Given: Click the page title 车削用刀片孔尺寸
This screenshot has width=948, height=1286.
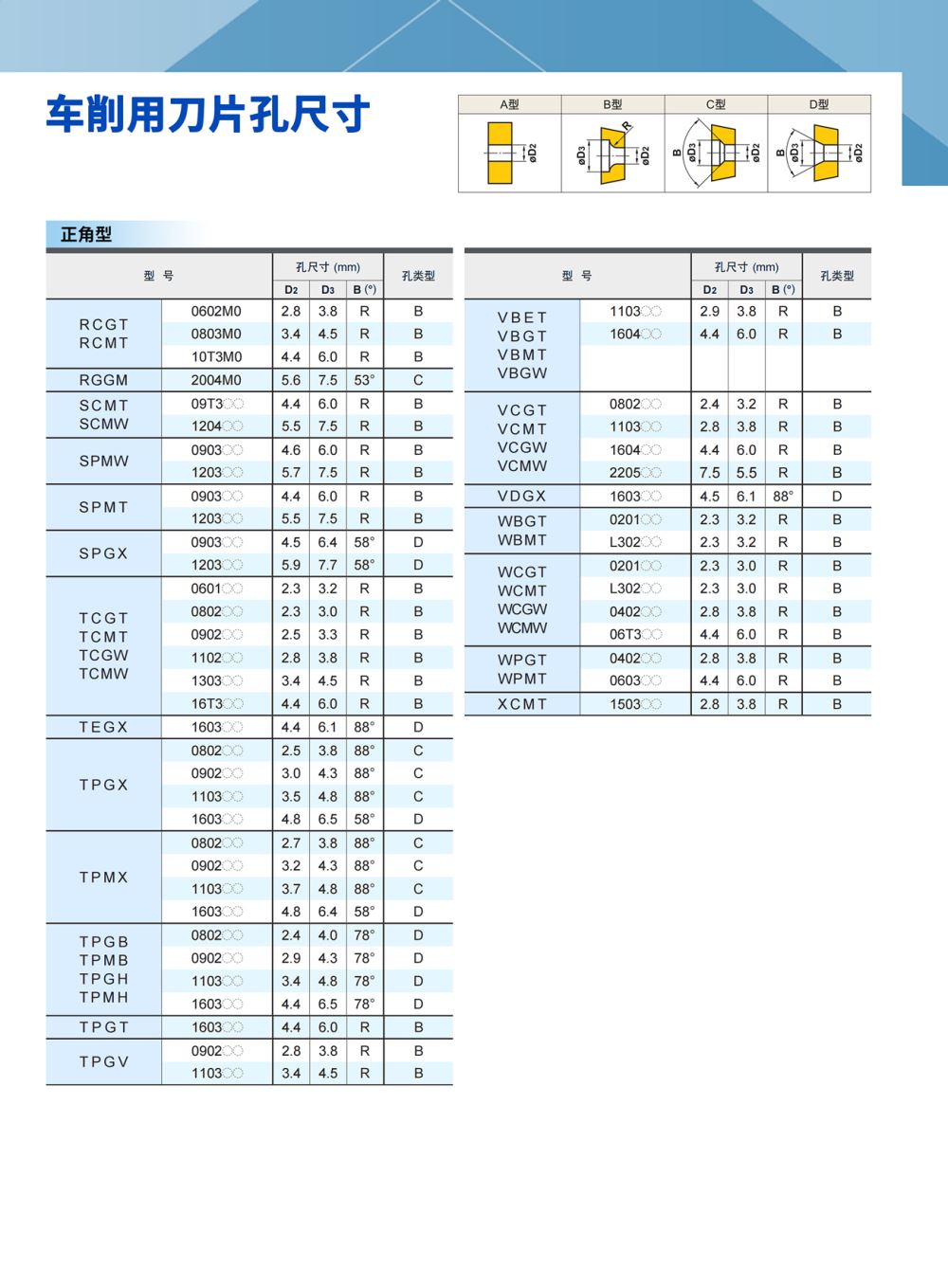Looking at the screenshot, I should tap(208, 115).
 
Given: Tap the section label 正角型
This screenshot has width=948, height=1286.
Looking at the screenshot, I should tap(86, 234).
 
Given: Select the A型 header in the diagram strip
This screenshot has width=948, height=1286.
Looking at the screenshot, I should tap(509, 104).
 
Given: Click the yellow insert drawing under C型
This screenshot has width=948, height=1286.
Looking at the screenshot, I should tap(721, 153).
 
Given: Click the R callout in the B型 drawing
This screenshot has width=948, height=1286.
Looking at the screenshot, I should tap(627, 126).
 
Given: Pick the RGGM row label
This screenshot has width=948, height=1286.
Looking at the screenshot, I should tap(103, 380).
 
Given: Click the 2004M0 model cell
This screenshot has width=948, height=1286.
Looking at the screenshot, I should tap(216, 380).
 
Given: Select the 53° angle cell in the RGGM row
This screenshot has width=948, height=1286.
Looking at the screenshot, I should tap(364, 380).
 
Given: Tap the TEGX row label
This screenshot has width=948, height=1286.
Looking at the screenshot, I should tap(103, 727).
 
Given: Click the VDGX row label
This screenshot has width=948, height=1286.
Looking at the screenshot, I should tap(521, 496).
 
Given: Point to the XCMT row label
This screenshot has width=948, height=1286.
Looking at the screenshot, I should tap(521, 704).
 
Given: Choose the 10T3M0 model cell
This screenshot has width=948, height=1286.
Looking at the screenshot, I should tap(216, 357).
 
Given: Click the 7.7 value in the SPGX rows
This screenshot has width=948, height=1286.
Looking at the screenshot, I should tap(327, 565).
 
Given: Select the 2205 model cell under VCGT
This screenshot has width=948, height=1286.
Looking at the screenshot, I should tap(634, 473).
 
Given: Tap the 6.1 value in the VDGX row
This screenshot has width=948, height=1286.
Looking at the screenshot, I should tap(746, 496).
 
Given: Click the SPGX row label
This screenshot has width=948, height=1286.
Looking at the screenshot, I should tap(103, 553).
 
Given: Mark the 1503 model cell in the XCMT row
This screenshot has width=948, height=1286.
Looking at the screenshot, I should tap(634, 704).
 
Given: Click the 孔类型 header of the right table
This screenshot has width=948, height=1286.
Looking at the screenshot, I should tap(836, 276).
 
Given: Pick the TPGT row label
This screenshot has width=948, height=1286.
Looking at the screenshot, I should tap(103, 1027).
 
